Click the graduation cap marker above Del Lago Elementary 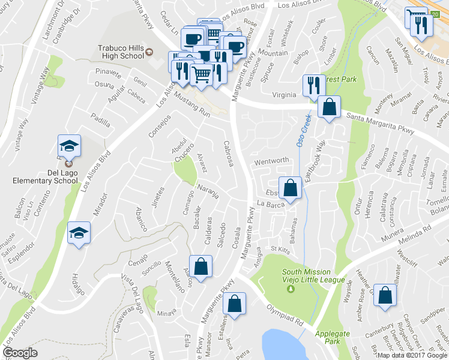[69, 146]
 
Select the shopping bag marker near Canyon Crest [385, 295]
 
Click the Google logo [20, 353]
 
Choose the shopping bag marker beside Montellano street [200, 266]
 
